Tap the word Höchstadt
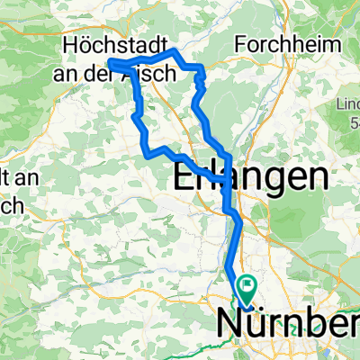click(x=111, y=45)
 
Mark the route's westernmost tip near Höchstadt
click(x=110, y=61)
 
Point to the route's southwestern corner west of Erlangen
click(x=148, y=155)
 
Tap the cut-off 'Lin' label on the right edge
click(x=350, y=95)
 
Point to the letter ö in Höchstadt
click(x=83, y=45)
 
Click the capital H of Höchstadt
click(x=69, y=45)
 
